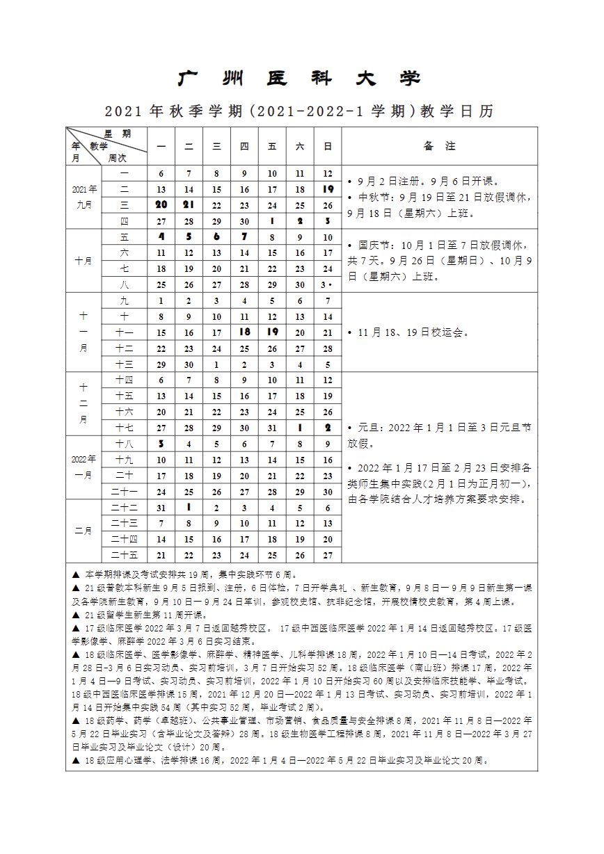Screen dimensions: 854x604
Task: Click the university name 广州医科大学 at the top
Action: click(x=300, y=79)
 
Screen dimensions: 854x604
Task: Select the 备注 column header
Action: click(x=439, y=146)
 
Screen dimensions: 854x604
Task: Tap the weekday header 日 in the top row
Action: click(x=328, y=146)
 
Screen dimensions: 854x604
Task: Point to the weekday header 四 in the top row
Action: click(x=244, y=146)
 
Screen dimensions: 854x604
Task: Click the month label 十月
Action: click(x=84, y=261)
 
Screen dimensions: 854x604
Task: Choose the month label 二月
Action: click(x=84, y=531)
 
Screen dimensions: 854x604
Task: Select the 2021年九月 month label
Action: click(x=84, y=197)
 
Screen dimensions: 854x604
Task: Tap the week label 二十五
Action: click(x=125, y=555)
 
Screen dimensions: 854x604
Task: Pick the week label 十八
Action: click(x=125, y=444)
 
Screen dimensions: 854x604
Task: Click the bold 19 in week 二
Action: click(x=328, y=189)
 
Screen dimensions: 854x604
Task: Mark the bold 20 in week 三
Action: click(x=161, y=205)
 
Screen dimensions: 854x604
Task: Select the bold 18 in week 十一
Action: click(x=244, y=332)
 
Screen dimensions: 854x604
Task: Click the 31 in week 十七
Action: click(x=272, y=428)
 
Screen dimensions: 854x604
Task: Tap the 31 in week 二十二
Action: click(x=161, y=508)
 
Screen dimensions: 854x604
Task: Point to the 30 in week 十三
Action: click(x=189, y=364)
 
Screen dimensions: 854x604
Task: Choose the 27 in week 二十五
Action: click(x=328, y=555)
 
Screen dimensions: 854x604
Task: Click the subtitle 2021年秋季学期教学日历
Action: click(x=300, y=111)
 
